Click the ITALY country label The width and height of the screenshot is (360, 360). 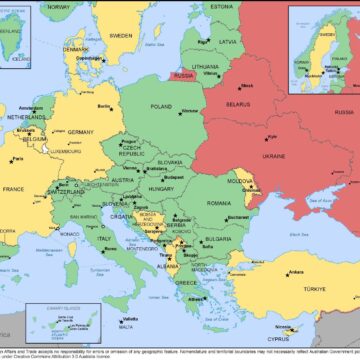click(103, 238)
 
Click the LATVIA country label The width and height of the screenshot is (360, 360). click(226, 42)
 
